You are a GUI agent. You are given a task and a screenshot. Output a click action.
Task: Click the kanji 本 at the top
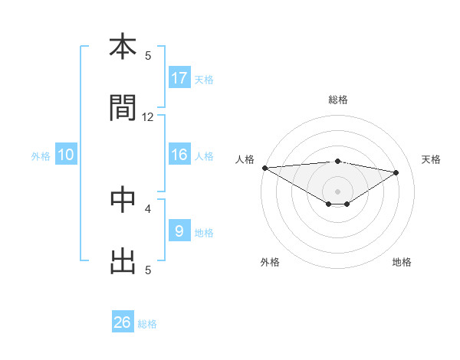click(123, 47)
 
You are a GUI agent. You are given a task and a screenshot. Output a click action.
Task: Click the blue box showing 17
click(179, 77)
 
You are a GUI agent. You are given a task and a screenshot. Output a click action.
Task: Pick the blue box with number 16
click(179, 155)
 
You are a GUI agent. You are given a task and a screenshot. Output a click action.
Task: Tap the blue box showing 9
click(179, 231)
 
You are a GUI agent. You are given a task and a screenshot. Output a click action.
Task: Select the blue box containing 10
click(66, 155)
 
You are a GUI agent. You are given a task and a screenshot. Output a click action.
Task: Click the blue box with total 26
click(123, 322)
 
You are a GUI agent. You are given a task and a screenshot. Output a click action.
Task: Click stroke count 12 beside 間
click(148, 117)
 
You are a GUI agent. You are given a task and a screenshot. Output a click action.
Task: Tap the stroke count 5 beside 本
click(148, 56)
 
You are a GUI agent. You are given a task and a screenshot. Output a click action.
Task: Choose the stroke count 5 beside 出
click(148, 270)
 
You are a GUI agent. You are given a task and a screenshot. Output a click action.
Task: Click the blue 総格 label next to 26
click(147, 324)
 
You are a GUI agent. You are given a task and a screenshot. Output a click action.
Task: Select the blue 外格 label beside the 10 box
click(41, 156)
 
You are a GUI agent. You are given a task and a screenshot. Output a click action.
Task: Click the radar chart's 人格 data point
click(264, 168)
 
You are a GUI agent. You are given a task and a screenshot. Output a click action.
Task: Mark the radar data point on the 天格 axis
click(396, 172)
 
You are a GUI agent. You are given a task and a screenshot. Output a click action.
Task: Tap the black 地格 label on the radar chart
click(402, 263)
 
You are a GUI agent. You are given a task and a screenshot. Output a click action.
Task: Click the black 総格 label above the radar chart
click(338, 100)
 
